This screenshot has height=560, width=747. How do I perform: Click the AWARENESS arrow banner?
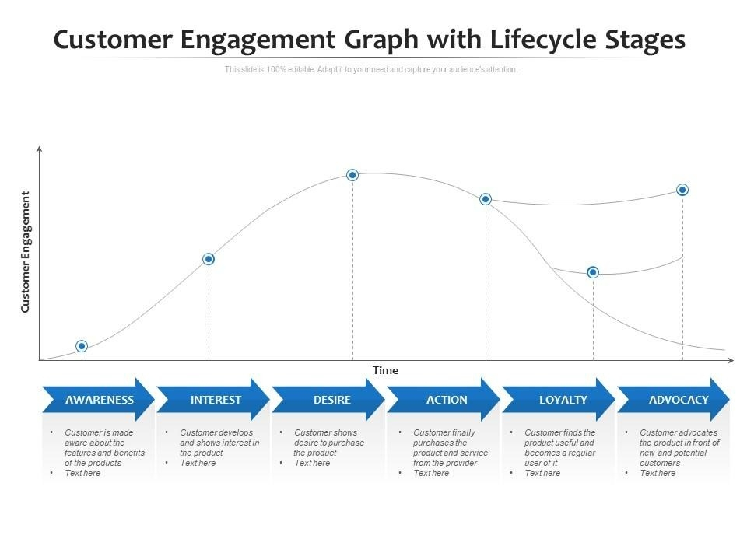coord(99,400)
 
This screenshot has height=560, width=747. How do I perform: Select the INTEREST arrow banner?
coord(215,400)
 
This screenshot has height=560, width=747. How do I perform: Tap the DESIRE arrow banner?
coord(331,400)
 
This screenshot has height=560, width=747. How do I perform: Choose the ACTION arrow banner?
coord(446,400)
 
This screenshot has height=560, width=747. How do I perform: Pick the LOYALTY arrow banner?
coord(562,400)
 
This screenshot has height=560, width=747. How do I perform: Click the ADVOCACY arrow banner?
coord(677,400)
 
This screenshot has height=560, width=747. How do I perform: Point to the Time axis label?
coord(385,370)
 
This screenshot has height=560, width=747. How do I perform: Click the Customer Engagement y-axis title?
coord(25,252)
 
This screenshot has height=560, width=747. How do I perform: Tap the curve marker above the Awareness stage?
coord(82,346)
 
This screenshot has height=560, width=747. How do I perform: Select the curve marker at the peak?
coord(352,175)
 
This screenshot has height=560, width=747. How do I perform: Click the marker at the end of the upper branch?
coord(682,190)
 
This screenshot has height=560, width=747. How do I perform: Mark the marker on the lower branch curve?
coord(593,272)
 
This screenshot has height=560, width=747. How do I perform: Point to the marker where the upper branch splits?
coord(486,199)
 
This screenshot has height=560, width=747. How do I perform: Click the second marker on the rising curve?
coord(209,259)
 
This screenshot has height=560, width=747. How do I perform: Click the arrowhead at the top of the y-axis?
coord(39,147)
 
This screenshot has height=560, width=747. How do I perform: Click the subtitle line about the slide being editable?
coord(371,69)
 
